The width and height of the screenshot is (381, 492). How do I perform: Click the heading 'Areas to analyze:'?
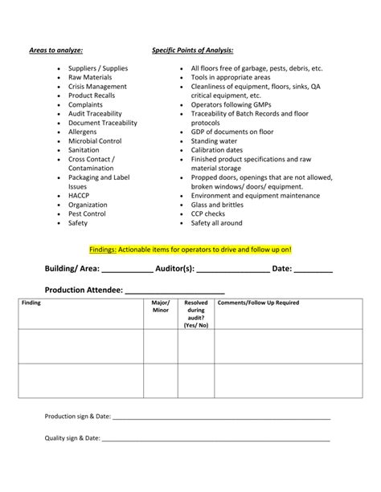56,50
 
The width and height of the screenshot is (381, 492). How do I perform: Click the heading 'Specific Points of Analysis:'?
193,50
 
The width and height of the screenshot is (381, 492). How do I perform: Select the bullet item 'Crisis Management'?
97,87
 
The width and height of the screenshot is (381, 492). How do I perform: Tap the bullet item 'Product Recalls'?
92,96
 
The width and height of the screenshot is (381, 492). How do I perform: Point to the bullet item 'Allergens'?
83,132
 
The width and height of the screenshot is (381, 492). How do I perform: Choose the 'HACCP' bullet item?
79,196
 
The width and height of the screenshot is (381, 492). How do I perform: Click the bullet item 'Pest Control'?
87,213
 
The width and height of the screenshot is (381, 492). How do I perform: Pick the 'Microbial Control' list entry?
95,141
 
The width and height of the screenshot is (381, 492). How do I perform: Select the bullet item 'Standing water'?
215,141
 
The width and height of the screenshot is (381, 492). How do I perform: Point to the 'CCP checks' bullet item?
208,213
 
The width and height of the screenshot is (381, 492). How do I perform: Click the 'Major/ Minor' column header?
161,307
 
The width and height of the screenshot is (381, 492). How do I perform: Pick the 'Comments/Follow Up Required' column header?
258,303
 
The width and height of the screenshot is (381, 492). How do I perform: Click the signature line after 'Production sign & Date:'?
221,418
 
